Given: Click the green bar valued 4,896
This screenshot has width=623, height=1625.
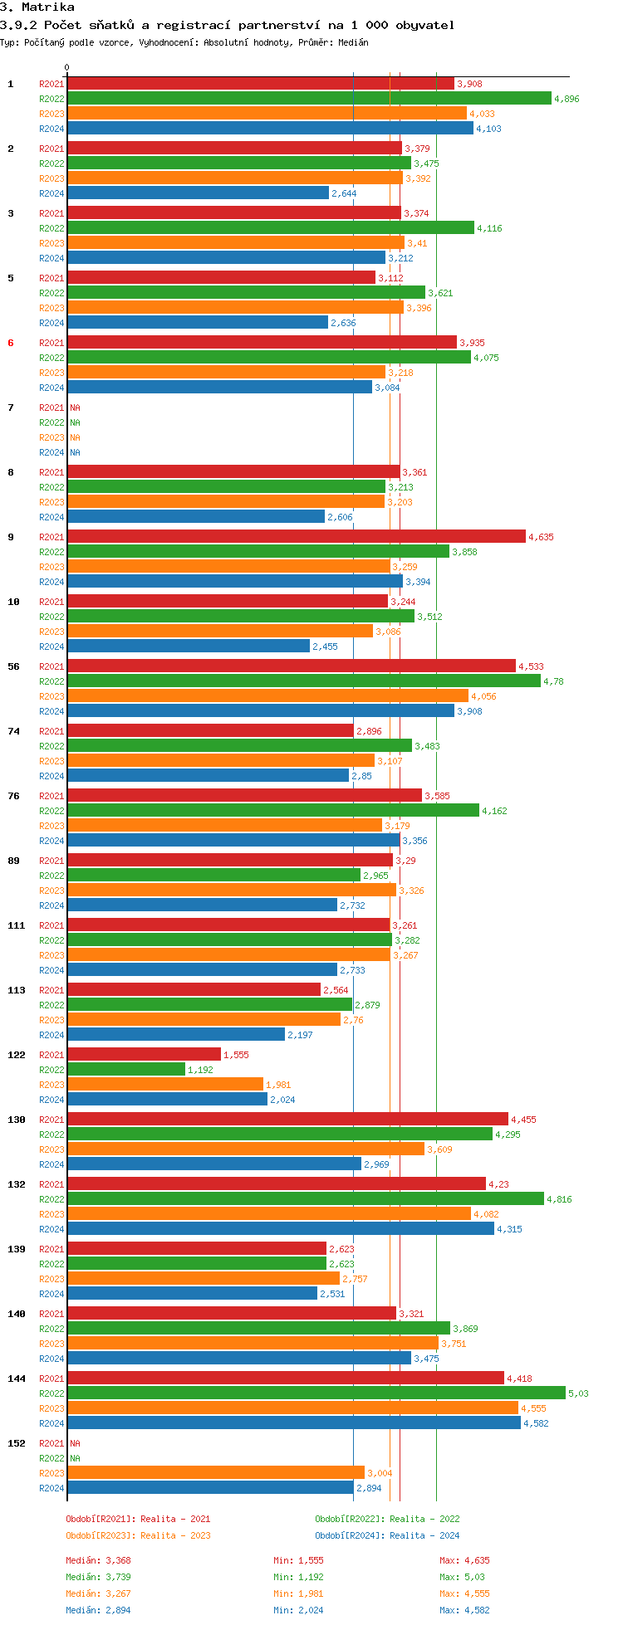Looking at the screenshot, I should pyautogui.click(x=309, y=99).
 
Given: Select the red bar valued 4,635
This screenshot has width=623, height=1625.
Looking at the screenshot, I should pyautogui.click(x=297, y=537).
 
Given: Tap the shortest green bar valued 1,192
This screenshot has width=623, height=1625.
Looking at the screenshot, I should pyautogui.click(x=126, y=1070).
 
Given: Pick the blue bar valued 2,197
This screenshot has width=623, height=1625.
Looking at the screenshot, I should pyautogui.click(x=176, y=1035).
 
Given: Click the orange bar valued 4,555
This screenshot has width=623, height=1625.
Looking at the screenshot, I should pyautogui.click(x=292, y=1408).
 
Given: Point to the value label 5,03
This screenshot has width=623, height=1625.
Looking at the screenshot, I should pyautogui.click(x=578, y=1393).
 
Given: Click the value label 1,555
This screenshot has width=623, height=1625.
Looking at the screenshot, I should pyautogui.click(x=236, y=1055).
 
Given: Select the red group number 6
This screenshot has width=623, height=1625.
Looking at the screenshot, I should pyautogui.click(x=11, y=343).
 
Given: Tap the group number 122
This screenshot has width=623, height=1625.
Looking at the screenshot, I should pyautogui.click(x=17, y=1055).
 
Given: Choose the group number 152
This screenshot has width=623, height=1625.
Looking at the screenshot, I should pyautogui.click(x=17, y=1443).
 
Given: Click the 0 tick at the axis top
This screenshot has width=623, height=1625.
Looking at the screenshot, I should pyautogui.click(x=67, y=68).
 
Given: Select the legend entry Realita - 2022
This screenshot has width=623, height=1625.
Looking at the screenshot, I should pyautogui.click(x=424, y=1519).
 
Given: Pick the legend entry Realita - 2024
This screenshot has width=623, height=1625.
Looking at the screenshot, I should pyautogui.click(x=424, y=1535).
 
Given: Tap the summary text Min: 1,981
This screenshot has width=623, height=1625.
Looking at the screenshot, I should pyautogui.click(x=298, y=1593).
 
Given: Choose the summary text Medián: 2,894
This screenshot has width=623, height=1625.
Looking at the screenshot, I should pyautogui.click(x=98, y=1610).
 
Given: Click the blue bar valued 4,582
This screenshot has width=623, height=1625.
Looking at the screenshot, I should pyautogui.click(x=294, y=1423).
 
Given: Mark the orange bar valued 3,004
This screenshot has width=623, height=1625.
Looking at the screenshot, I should pyautogui.click(x=216, y=1473).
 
